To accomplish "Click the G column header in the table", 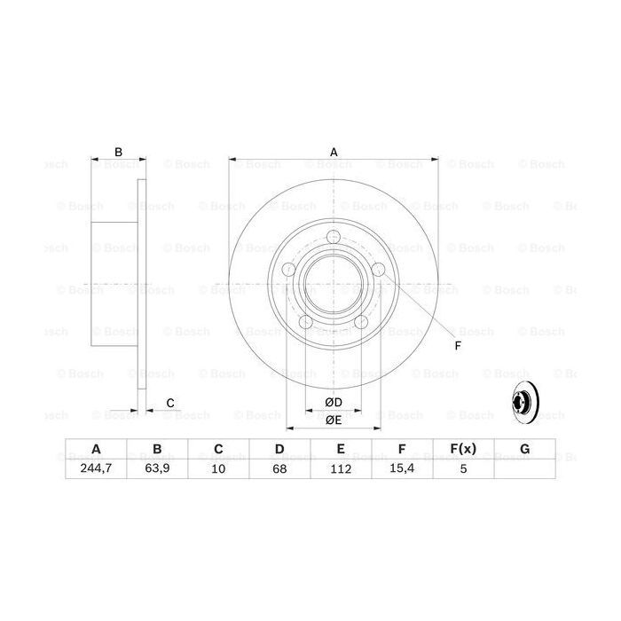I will (x=524, y=450).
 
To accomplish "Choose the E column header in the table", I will (x=341, y=450).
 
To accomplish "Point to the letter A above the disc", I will (x=334, y=152).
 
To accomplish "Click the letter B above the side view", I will (x=117, y=152).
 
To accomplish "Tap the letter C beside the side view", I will (x=169, y=404).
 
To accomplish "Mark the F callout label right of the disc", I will (x=458, y=345).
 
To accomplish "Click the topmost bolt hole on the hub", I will (x=334, y=237).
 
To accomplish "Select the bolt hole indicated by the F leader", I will (x=377, y=269).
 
